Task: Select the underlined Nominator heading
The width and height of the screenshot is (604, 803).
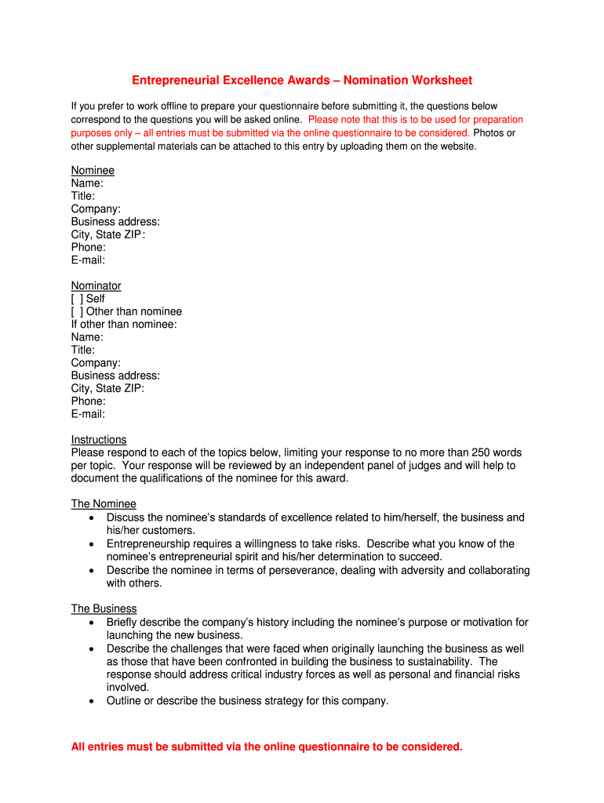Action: tap(96, 286)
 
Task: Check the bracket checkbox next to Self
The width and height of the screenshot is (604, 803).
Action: tap(77, 299)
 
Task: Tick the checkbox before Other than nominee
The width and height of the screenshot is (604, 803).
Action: tap(77, 311)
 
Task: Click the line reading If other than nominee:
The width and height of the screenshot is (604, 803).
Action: tap(124, 325)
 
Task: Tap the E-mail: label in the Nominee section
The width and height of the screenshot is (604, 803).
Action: tap(88, 260)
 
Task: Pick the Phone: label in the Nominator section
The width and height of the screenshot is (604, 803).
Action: tap(88, 401)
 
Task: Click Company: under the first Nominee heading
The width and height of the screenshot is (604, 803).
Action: tap(96, 209)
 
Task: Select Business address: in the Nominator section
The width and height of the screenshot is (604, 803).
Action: tap(115, 376)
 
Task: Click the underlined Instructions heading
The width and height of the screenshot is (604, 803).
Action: tap(99, 440)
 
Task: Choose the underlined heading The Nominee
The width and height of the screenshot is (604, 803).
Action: tap(104, 504)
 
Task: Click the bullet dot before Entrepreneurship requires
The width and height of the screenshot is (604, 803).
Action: tap(93, 544)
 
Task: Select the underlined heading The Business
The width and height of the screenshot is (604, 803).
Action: tap(104, 609)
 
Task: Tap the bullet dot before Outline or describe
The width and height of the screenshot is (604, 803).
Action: tap(93, 701)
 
